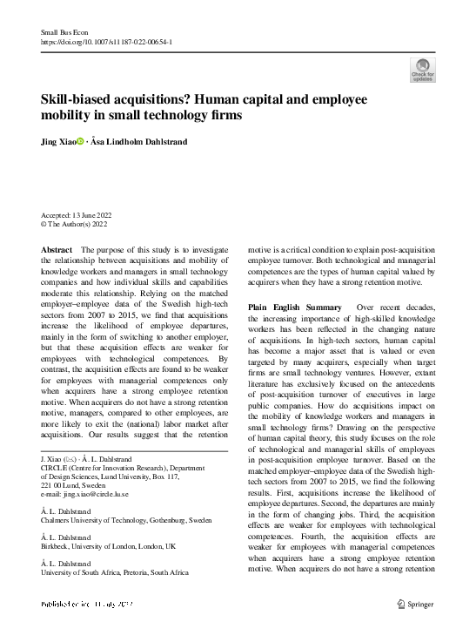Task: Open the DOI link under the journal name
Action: tap(106, 41)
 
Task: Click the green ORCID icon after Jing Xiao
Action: tap(81, 140)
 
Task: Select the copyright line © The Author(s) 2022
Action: tap(74, 224)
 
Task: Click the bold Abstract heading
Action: tap(57, 249)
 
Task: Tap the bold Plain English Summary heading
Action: tap(295, 307)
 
